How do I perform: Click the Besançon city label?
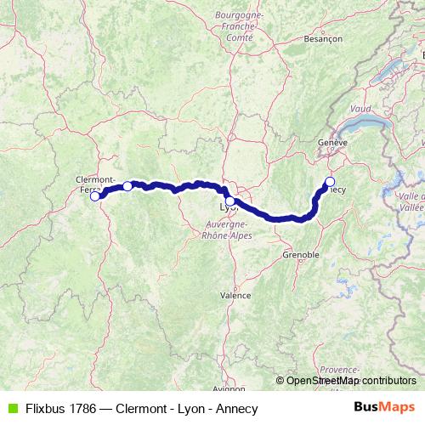324,38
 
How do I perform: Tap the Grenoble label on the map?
301,254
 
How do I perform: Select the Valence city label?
236,296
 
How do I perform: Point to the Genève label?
332,143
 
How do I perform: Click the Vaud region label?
360,110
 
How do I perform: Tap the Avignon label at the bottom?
229,389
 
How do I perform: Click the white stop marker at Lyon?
229,201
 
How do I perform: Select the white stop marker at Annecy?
330,181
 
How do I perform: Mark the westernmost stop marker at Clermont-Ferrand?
95,196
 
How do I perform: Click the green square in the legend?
10,408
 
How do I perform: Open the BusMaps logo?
384,408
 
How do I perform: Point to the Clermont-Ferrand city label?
95,184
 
